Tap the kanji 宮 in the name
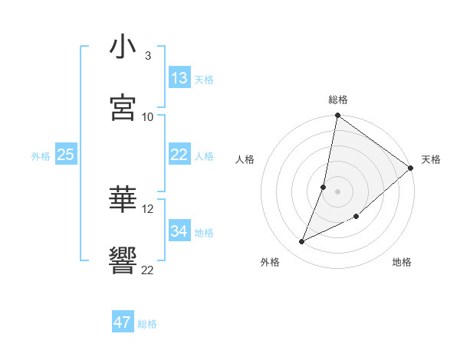point(123,108)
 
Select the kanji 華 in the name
point(123,201)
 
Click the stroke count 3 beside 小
point(148,56)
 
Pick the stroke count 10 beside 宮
point(148,116)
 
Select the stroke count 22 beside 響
point(148,270)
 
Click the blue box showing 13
point(179,78)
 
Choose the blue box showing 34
point(179,231)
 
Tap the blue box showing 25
point(65,155)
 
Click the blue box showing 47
point(123,322)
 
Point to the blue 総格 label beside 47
point(147,324)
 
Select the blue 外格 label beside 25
point(41,156)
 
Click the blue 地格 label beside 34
point(204,233)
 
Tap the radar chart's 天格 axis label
point(431,159)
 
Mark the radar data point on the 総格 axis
point(337,116)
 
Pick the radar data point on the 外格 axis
point(302,242)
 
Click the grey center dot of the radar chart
point(337,190)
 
